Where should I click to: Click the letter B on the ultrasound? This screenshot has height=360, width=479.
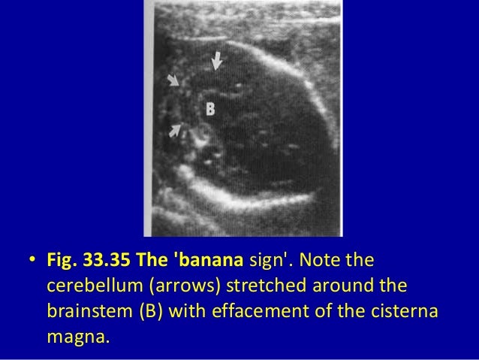pos(211,109)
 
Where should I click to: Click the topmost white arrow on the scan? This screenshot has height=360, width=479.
pos(216,59)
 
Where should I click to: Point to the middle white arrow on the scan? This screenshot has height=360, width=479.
pos(173,80)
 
